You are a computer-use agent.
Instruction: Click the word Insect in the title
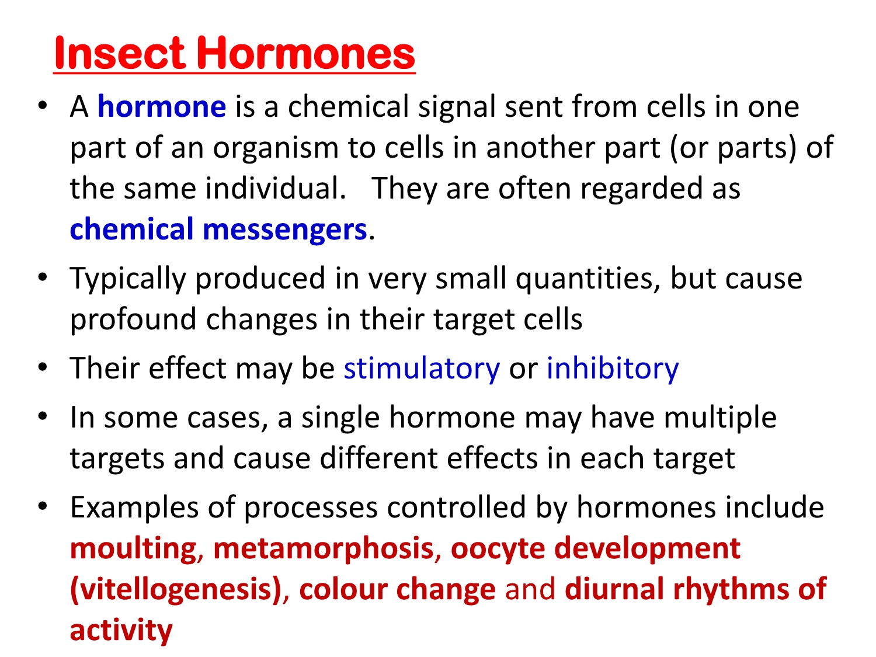[120, 53]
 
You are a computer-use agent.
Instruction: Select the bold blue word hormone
[162, 106]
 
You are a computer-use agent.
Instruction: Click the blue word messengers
[284, 230]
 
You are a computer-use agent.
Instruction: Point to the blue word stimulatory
[422, 368]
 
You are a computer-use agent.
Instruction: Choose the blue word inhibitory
[612, 368]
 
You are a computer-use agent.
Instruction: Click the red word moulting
[133, 549]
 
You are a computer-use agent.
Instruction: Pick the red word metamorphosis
[324, 549]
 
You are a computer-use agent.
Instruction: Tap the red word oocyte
[498, 549]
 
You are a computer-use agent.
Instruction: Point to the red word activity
[121, 631]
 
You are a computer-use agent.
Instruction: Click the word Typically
[128, 279]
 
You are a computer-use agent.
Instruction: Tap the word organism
[276, 148]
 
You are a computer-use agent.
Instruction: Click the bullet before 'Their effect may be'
[43, 367]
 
